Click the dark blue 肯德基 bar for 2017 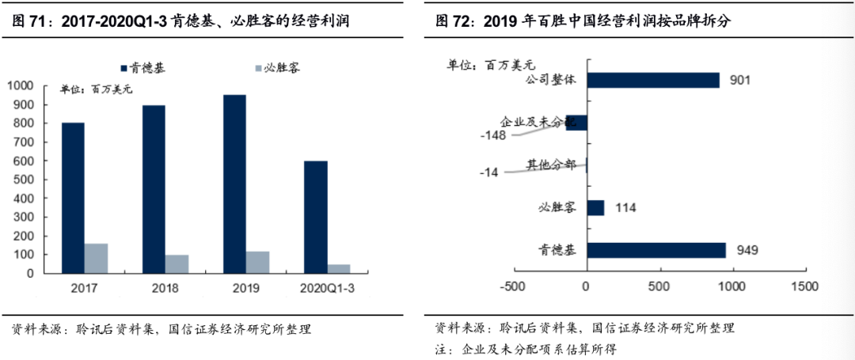[x=73, y=198]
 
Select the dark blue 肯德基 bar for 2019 [x=234, y=184]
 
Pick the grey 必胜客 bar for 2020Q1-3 [x=338, y=268]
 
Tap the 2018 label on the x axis [x=165, y=289]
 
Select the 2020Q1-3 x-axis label [x=327, y=289]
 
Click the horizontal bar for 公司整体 [x=653, y=80]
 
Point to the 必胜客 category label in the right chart [x=557, y=208]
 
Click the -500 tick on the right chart [x=513, y=286]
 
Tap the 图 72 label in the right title [x=452, y=21]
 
